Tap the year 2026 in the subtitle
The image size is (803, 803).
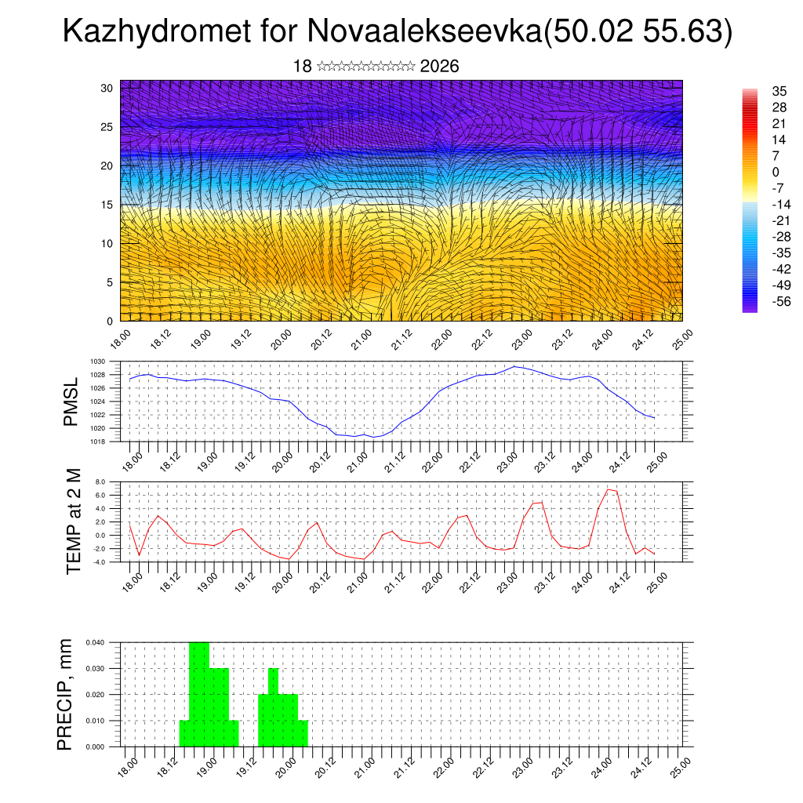coord(439,66)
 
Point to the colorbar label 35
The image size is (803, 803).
coord(779,92)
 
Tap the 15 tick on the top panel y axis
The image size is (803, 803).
coord(107,205)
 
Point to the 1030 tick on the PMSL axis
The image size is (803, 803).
coord(97,362)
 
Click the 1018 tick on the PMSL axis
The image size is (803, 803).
coord(97,441)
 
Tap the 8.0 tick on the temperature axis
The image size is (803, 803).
coord(100,481)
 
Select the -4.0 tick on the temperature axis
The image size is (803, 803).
coord(99,561)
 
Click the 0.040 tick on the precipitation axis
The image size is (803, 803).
coord(96,642)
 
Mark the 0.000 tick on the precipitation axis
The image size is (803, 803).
coord(96,747)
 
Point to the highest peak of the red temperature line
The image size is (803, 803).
coord(609,489)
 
